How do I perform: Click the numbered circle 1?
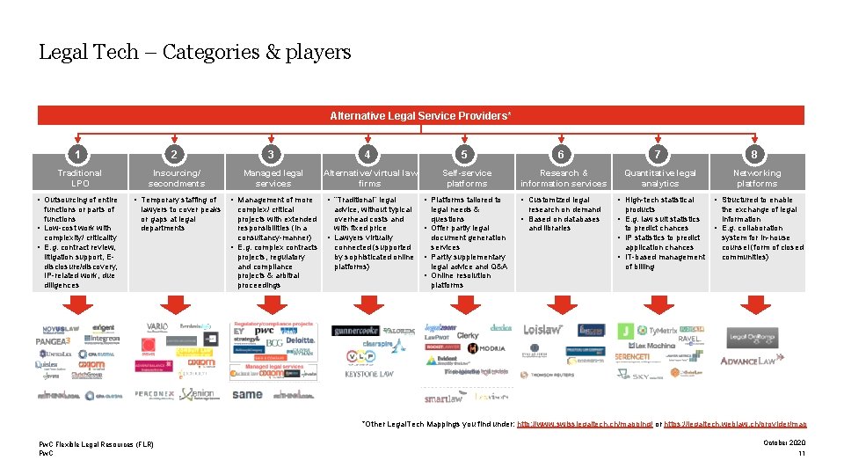80,155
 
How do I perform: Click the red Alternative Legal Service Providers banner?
420,115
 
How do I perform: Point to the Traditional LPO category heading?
80,179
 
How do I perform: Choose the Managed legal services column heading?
273,179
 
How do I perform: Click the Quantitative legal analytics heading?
660,179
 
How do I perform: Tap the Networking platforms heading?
757,179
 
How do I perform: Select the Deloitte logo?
300,340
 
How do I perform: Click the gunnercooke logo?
354,331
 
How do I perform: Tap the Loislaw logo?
543,330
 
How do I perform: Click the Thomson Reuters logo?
551,375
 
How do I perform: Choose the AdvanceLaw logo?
747,361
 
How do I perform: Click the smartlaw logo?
443,398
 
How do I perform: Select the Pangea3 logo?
56,340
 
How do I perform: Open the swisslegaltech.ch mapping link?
584,424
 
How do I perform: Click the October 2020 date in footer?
784,442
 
